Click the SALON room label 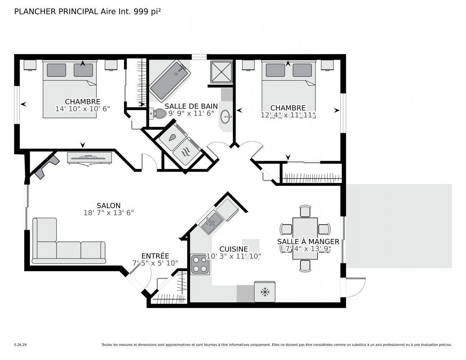pos(109,206)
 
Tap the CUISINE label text pos(234,249)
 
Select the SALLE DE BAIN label pos(191,106)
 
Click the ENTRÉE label pos(155,256)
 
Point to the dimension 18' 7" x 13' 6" pos(109,213)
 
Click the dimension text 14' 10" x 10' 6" pos(82,109)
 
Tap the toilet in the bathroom pos(158,113)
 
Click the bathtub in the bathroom pos(170,81)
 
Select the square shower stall pos(221,72)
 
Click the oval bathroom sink pos(225,117)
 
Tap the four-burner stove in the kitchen pos(200,264)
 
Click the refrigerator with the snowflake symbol pos(264,292)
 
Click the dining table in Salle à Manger pos(305,239)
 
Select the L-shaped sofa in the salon pos(69,241)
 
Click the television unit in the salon pos(90,158)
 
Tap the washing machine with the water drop pos(173,138)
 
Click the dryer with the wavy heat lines pos(186,151)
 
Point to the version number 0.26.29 pos(21,345)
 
